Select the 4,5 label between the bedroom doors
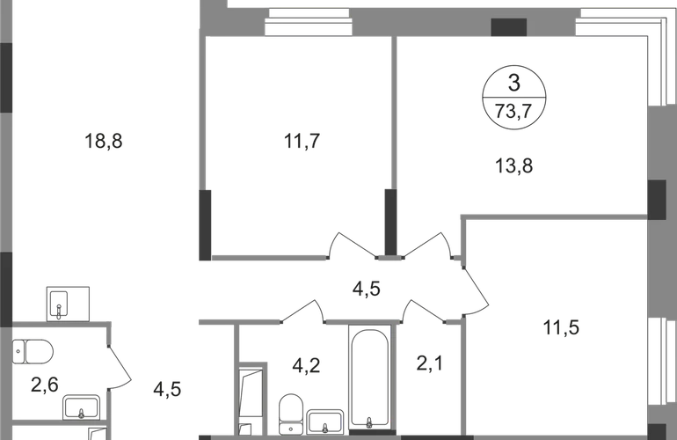pos(366,289)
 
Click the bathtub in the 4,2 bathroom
pos(368,378)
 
